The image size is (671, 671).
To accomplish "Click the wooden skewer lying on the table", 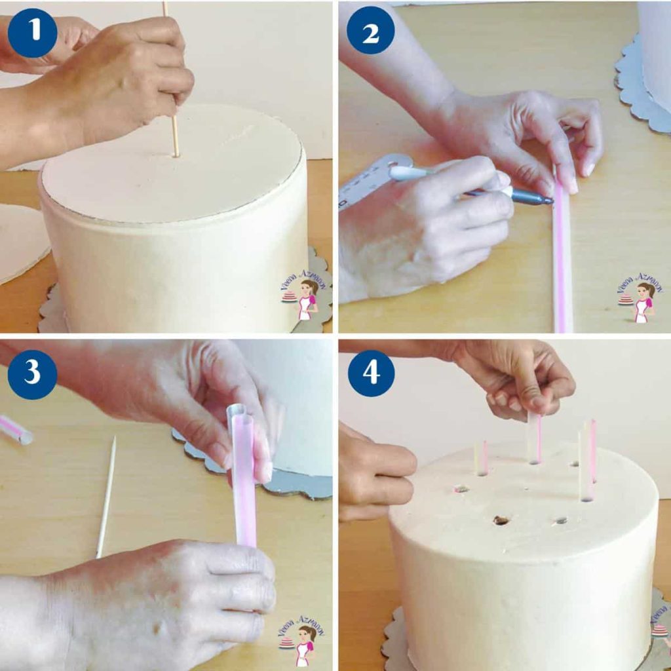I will pyautogui.click(x=106, y=498).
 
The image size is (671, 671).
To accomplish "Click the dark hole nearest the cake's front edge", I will pyautogui.click(x=501, y=520).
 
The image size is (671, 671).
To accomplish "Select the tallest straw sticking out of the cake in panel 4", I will pyautogui.click(x=588, y=459).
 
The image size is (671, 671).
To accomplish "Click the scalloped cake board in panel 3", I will pyautogui.click(x=288, y=482).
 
